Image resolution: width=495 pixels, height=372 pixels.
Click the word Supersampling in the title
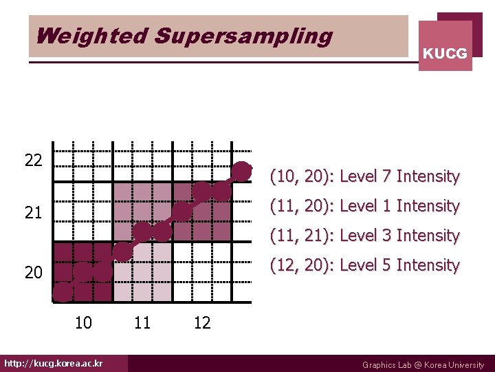pyautogui.click(x=243, y=36)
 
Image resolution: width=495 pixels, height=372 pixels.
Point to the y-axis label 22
pyautogui.click(x=33, y=161)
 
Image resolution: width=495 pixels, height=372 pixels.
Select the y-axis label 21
pyautogui.click(x=33, y=214)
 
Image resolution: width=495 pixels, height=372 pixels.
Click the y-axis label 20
pyautogui.click(x=33, y=273)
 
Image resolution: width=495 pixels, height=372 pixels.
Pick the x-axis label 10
pyautogui.click(x=83, y=322)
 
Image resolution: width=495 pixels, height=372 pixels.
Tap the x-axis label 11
pyautogui.click(x=142, y=322)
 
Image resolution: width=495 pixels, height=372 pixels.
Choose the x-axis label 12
pyautogui.click(x=202, y=322)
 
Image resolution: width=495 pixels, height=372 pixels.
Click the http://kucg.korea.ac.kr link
pyautogui.click(x=53, y=364)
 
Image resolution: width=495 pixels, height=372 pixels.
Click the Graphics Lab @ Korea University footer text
pyautogui.click(x=423, y=365)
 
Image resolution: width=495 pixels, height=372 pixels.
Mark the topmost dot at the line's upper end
pyautogui.click(x=242, y=170)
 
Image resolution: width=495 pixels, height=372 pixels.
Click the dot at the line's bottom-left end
pyautogui.click(x=62, y=293)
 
